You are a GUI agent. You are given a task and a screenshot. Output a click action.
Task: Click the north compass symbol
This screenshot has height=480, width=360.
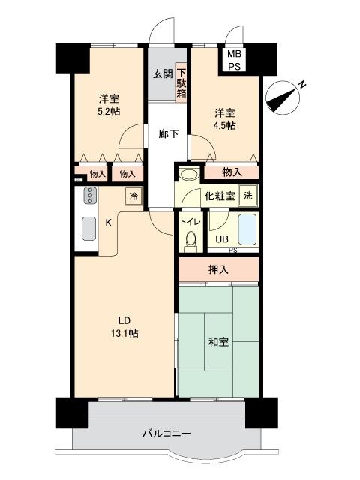283,97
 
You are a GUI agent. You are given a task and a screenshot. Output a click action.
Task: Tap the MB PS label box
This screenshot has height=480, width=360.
234,60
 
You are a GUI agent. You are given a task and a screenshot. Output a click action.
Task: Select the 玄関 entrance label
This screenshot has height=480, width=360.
163,73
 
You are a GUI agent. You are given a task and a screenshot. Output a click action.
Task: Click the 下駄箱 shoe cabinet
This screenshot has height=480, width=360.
181,81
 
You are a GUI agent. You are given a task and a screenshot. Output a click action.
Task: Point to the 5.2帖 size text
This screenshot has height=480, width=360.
109,111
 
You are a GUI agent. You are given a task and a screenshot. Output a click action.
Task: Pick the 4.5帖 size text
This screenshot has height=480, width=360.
225,125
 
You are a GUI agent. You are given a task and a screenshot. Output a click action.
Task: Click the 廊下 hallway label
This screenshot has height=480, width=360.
168,133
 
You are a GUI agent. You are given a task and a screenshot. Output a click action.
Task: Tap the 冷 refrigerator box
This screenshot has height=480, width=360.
133,196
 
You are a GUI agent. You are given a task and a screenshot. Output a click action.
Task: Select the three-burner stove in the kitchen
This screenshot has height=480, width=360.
90,196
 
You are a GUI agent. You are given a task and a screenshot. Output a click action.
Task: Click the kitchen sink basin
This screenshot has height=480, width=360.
89,228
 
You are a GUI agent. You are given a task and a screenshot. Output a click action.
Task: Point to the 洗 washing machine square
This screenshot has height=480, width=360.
248,196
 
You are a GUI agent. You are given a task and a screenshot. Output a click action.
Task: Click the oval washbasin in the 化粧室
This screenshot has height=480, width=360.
189,175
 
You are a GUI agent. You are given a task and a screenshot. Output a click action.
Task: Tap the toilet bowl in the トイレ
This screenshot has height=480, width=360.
191,241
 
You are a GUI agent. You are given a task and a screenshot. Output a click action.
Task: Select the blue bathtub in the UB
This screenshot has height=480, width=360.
247,229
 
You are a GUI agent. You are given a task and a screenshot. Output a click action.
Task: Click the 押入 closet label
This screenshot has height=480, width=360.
218,270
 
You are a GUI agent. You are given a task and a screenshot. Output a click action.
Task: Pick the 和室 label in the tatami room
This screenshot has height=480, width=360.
218,342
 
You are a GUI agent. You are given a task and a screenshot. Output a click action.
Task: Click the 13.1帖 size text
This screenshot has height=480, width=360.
124,333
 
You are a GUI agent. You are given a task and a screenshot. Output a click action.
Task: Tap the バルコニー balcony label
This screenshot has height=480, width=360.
167,433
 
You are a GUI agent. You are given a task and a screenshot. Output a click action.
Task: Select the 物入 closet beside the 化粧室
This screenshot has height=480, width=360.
232,173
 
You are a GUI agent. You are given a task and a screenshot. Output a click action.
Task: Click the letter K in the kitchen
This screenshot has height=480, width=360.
108,223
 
